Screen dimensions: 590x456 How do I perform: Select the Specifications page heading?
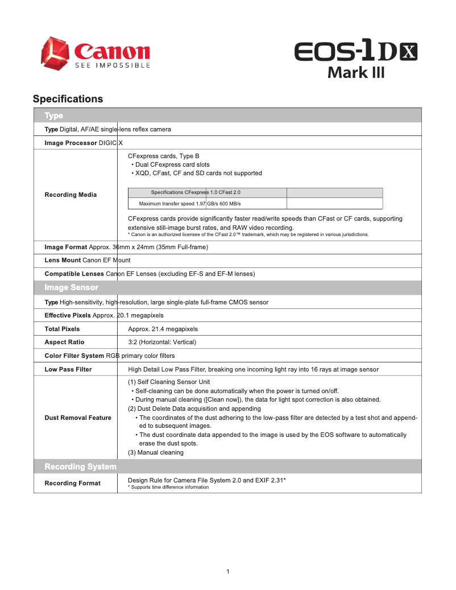(68, 99)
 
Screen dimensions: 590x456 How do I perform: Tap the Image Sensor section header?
(71, 287)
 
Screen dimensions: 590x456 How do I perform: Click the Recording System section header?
(80, 467)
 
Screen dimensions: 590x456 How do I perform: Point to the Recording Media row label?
(71, 195)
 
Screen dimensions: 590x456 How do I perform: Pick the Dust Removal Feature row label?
(78, 418)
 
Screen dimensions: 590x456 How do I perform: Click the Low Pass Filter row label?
(68, 369)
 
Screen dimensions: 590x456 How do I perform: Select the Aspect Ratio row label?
(64, 342)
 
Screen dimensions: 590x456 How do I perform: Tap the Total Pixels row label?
(62, 329)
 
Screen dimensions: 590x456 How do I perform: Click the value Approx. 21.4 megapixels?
(163, 329)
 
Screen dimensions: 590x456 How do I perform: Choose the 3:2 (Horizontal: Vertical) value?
(162, 342)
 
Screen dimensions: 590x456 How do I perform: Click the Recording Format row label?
(72, 483)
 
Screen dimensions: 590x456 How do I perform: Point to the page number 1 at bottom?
(227, 571)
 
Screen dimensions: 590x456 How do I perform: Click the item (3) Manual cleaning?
(156, 452)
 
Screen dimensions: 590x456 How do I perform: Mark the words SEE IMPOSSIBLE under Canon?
(113, 65)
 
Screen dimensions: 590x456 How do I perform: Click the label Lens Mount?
(63, 260)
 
